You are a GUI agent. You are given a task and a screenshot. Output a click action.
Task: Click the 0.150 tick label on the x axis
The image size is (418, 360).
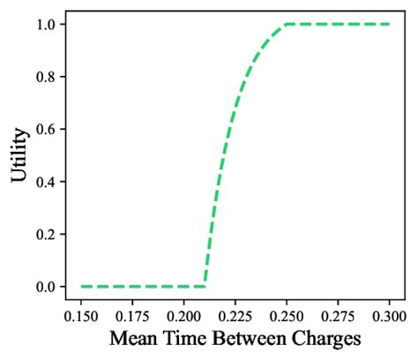click(81, 314)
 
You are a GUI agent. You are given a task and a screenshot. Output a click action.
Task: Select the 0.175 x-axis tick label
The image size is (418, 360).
click(132, 314)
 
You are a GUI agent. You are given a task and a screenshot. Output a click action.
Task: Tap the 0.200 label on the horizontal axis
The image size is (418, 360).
click(183, 314)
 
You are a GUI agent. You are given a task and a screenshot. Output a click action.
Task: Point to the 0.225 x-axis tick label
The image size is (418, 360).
click(235, 314)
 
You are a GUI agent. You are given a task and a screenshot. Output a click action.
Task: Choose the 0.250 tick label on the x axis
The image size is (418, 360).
click(286, 314)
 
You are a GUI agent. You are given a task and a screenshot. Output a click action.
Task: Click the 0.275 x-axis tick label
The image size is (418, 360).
click(337, 314)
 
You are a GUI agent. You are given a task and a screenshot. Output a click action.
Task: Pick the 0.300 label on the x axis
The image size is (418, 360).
click(389, 314)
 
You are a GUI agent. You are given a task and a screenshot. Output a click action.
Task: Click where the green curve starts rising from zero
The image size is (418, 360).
click(204, 286)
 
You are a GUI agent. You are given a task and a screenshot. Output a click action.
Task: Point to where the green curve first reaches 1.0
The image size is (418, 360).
click(286, 24)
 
